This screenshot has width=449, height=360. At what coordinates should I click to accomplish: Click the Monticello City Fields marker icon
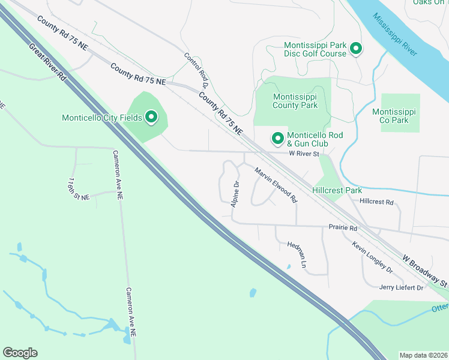click(150, 117)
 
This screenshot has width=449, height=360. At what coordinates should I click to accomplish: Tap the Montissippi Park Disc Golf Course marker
click(355, 49)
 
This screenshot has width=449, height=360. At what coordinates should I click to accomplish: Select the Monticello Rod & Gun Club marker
click(278, 139)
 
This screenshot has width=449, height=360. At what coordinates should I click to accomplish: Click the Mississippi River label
click(394, 34)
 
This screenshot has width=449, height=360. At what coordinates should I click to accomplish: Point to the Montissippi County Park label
click(295, 101)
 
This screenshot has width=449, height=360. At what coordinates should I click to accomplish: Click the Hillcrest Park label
click(337, 190)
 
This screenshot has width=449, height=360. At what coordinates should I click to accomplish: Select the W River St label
click(303, 154)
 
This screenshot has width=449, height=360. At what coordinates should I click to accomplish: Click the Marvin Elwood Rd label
click(276, 184)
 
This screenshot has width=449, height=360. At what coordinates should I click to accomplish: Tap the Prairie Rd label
click(343, 228)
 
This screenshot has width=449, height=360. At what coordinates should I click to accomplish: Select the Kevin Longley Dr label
click(372, 257)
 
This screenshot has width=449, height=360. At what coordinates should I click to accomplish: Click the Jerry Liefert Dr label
click(402, 288)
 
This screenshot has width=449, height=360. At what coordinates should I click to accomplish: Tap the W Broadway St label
click(425, 269)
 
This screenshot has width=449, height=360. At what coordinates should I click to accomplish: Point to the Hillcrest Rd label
click(376, 202)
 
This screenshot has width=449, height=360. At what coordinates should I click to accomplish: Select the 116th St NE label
click(78, 188)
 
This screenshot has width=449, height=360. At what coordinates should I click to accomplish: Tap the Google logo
click(20, 353)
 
